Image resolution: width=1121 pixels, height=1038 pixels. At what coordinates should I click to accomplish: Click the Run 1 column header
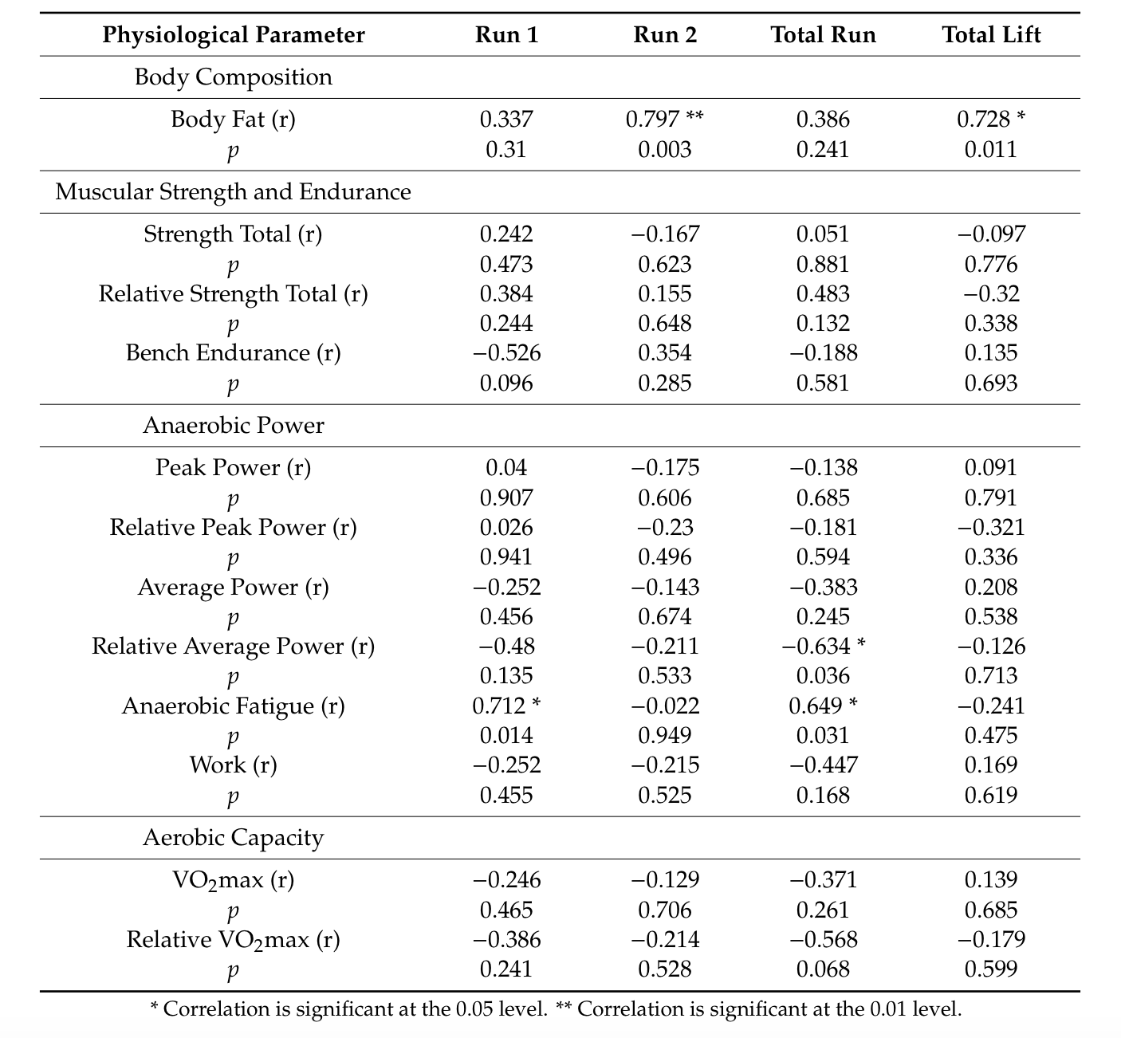[506, 35]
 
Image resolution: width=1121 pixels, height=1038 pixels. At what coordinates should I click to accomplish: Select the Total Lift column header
[991, 35]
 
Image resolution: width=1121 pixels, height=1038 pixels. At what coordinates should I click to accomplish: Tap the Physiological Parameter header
[234, 35]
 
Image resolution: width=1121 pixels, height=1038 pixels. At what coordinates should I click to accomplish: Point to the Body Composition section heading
[234, 77]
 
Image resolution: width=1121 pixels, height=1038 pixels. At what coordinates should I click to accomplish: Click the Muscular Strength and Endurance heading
[234, 192]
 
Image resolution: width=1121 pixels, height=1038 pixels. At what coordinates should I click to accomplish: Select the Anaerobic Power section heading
[234, 426]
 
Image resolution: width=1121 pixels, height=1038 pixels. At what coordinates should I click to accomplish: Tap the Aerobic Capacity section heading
[234, 838]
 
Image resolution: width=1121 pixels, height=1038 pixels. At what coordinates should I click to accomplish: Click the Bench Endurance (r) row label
[234, 353]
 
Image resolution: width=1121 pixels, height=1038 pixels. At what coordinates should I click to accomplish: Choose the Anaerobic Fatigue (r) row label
[234, 706]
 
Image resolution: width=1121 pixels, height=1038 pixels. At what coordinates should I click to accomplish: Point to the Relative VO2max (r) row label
[234, 940]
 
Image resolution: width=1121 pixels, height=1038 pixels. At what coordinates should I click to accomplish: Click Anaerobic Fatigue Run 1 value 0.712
[500, 706]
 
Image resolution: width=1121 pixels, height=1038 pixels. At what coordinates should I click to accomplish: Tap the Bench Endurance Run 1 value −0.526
[506, 353]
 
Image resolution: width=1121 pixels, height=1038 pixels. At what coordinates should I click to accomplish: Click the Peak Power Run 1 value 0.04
[506, 468]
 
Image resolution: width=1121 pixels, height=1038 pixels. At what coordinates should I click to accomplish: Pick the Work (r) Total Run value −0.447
[824, 765]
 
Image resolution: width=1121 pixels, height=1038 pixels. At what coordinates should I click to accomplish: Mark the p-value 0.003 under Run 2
[665, 150]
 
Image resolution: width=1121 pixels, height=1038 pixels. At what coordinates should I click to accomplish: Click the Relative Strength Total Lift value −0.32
[991, 294]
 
